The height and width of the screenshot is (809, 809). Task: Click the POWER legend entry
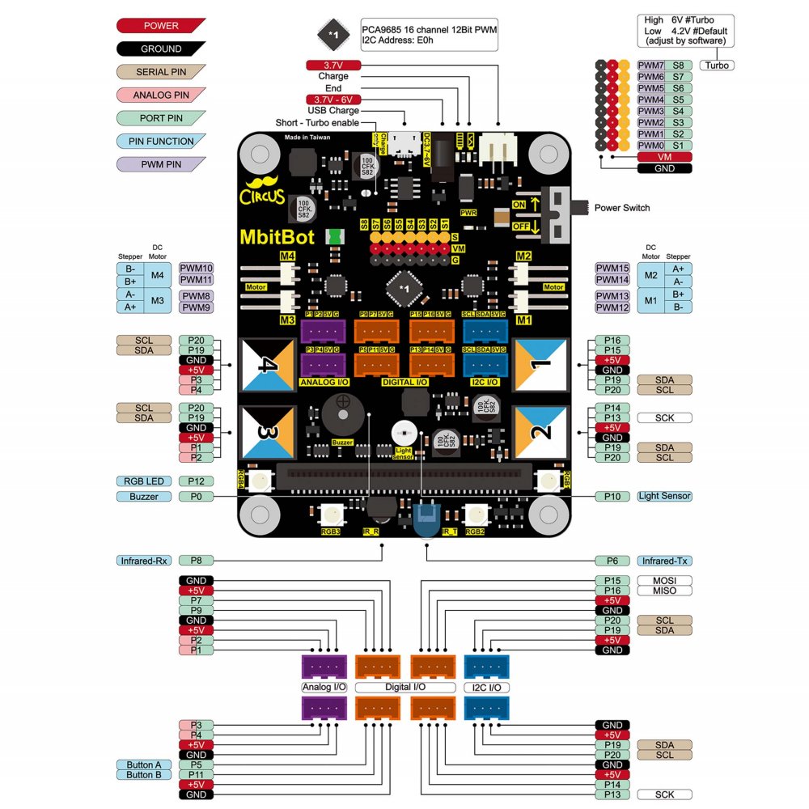(x=161, y=26)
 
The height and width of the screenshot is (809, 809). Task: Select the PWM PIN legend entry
(x=161, y=164)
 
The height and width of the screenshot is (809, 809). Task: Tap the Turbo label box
(x=717, y=65)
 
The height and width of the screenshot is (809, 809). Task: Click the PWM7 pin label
(x=651, y=65)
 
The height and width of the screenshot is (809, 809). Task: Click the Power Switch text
(x=622, y=207)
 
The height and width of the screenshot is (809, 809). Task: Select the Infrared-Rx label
(x=143, y=560)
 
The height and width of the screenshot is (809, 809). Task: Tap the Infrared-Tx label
(x=664, y=560)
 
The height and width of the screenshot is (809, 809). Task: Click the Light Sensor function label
(x=664, y=496)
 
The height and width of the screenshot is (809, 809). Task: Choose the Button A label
(x=144, y=765)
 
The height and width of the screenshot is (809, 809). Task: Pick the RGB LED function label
(x=144, y=481)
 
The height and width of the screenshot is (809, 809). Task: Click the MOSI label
(x=664, y=581)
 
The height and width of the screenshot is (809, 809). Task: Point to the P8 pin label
(x=196, y=560)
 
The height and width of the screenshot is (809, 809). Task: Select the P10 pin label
(x=612, y=496)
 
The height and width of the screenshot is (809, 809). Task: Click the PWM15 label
(x=612, y=268)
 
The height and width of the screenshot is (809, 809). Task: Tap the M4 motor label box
(x=157, y=275)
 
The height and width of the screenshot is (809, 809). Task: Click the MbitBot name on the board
(x=277, y=237)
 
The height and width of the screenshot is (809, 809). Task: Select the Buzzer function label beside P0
(x=144, y=496)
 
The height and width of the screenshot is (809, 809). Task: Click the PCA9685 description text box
(x=429, y=34)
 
